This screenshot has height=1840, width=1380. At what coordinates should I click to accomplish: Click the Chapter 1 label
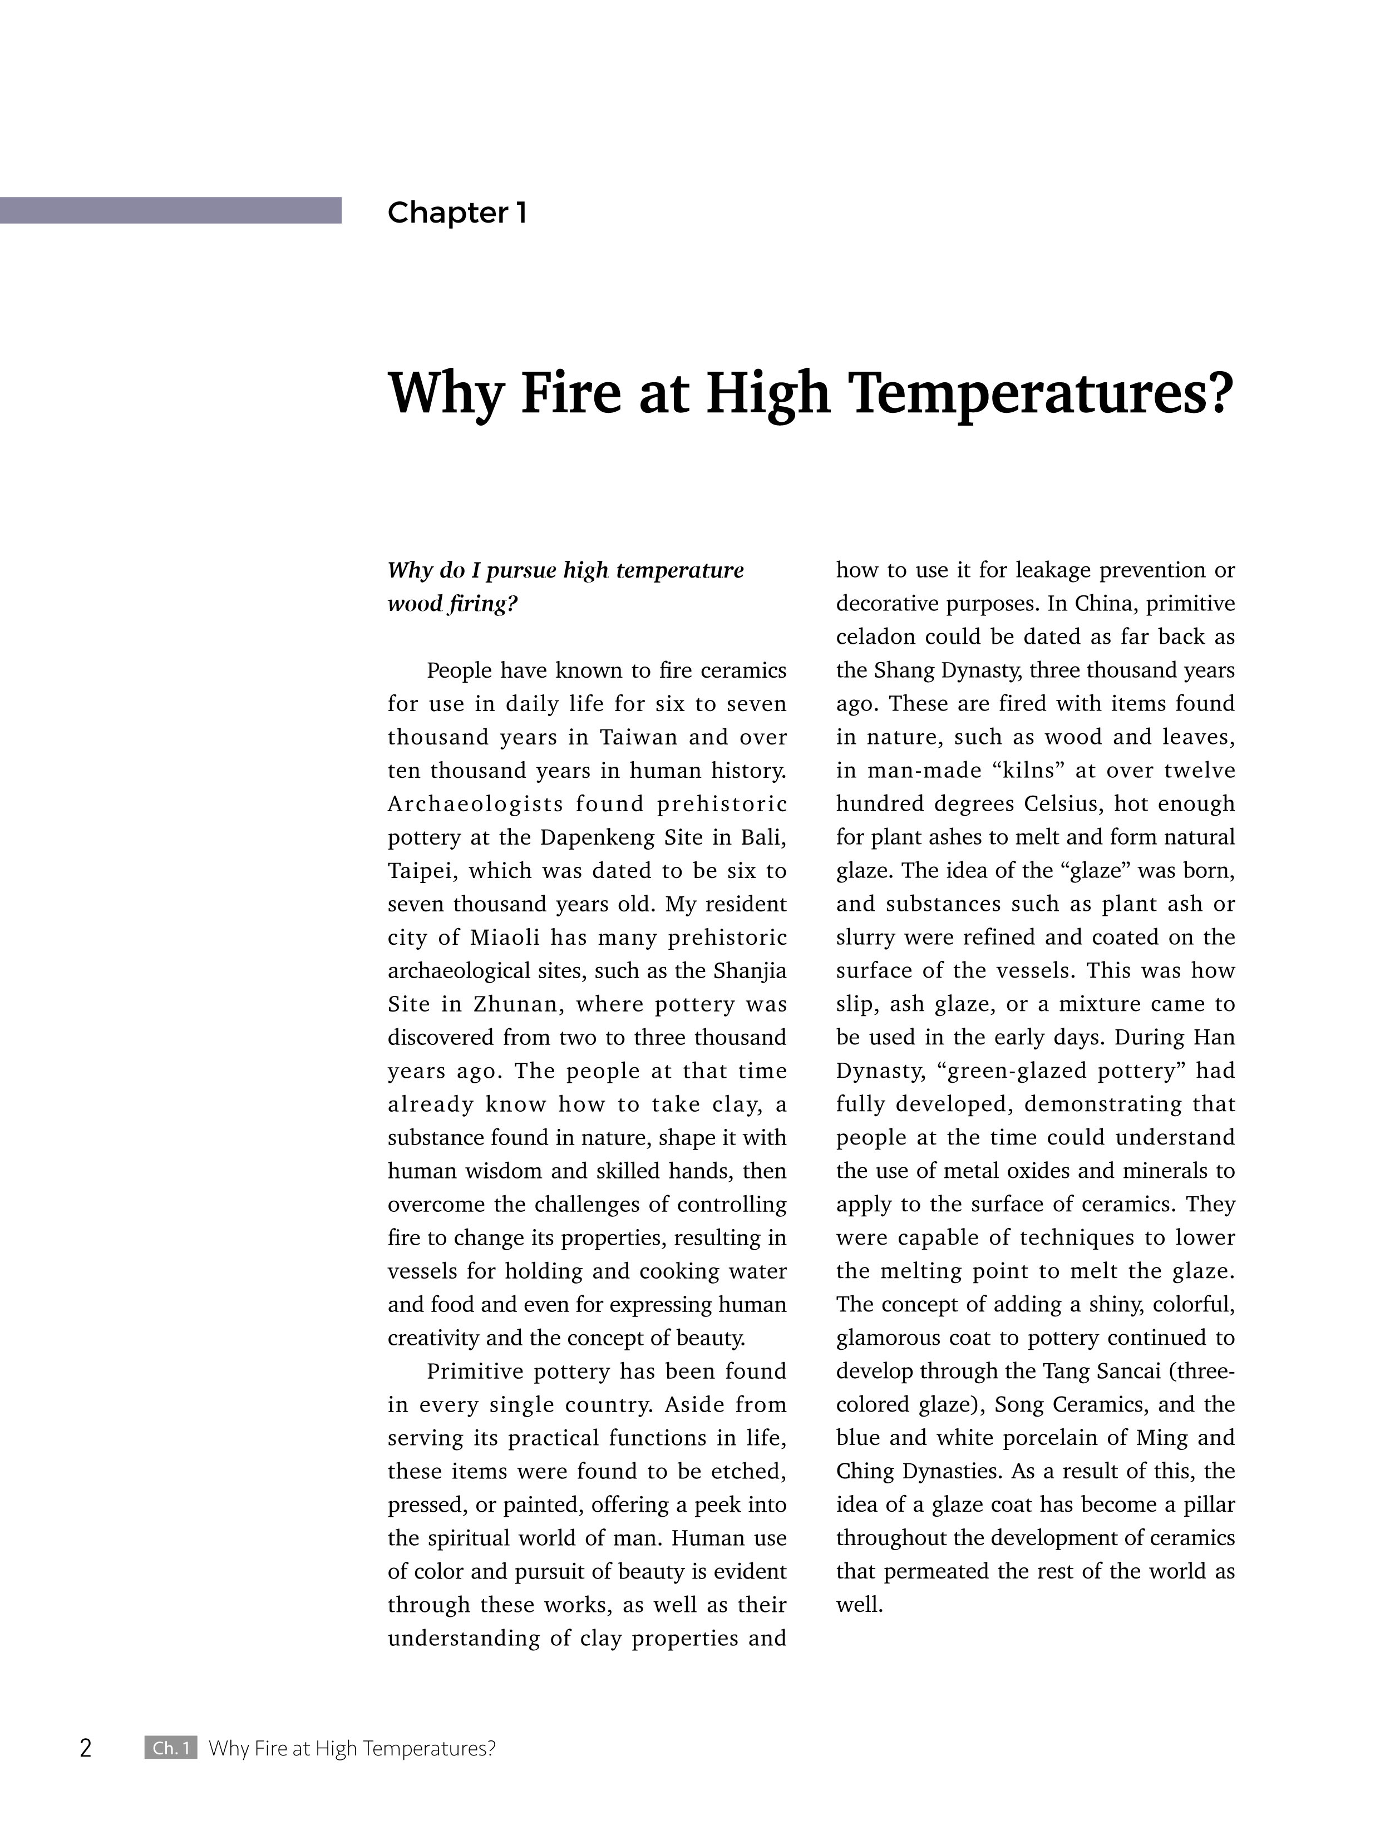pyautogui.click(x=457, y=213)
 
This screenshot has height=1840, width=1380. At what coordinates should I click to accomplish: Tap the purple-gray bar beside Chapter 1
pyautogui.click(x=170, y=210)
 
